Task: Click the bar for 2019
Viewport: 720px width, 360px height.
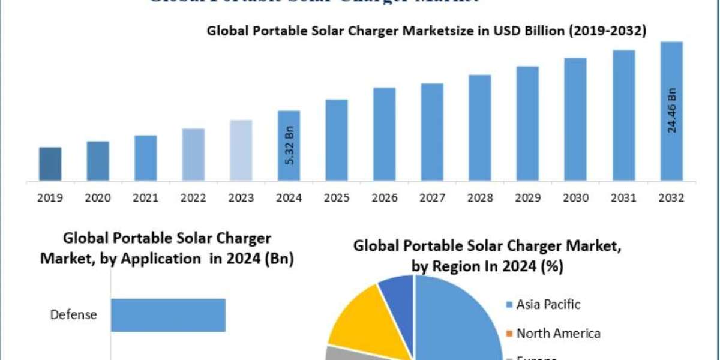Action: [x=50, y=163]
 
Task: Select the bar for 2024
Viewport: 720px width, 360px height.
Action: [x=289, y=145]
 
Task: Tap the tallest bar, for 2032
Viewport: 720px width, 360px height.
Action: [x=671, y=111]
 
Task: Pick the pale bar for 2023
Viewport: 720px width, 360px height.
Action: [x=241, y=150]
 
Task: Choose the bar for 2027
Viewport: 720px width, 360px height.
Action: [x=432, y=131]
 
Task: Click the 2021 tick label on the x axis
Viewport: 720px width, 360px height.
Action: [x=145, y=197]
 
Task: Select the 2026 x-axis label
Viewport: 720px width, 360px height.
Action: [x=385, y=197]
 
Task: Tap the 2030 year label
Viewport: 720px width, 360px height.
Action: [x=575, y=197]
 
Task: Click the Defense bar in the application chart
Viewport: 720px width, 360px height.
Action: [x=168, y=315]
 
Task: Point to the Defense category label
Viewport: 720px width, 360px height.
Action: [x=73, y=315]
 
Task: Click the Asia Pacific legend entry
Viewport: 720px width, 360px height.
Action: [x=548, y=304]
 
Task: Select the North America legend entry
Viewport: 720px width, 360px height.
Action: [x=558, y=333]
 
